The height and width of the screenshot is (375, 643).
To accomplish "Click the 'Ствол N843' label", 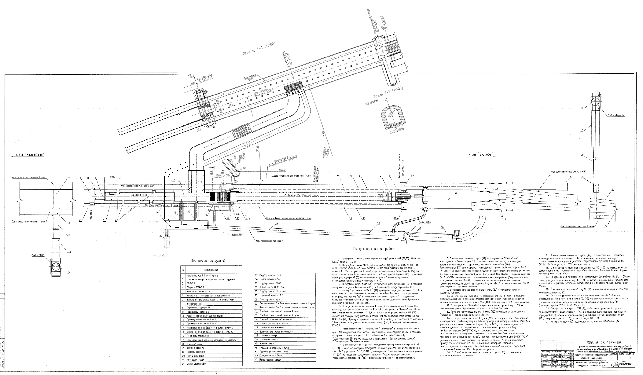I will pos(38,255).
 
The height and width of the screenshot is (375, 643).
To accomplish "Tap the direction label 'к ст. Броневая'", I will pos(481,154).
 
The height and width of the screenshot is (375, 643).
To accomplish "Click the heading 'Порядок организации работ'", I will pos(374,248).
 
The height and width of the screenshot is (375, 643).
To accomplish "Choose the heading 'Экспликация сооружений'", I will pos(208,261).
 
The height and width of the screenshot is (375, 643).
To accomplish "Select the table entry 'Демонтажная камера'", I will pos(271,360).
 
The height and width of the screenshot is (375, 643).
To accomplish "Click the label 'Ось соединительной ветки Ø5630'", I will pos(568,172).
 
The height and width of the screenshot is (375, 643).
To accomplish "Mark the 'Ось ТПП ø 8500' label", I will pos(139,195).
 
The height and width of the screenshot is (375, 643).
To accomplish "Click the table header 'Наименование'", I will pos(211,270).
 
